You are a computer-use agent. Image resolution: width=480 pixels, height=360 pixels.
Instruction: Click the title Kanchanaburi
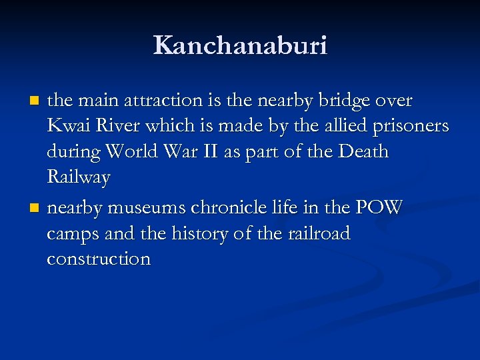[x=240, y=46]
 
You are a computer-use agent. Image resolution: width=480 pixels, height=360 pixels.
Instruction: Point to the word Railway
[x=79, y=177]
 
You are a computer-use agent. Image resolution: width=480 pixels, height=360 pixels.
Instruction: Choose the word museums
[x=147, y=208]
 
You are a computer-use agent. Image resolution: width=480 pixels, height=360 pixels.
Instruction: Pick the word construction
[x=99, y=259]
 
